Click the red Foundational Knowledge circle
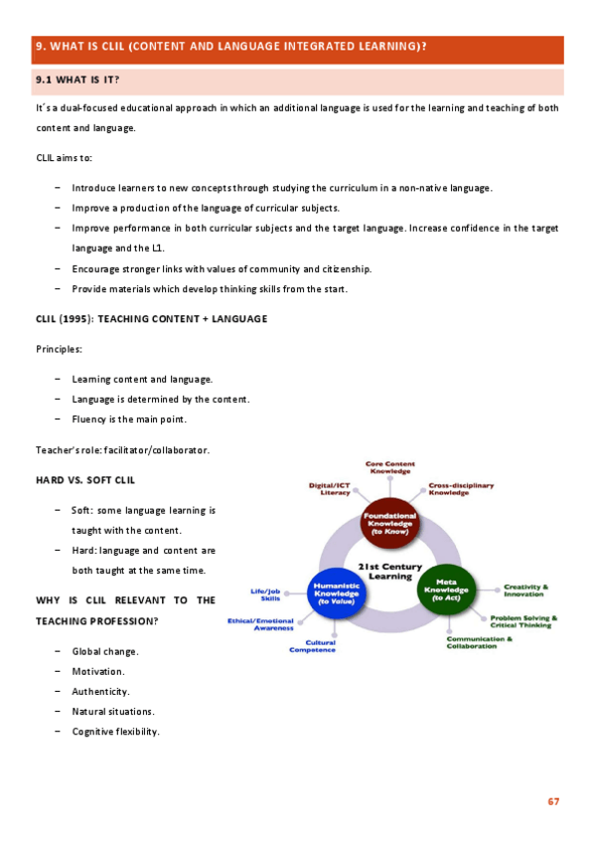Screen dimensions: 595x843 (390, 523)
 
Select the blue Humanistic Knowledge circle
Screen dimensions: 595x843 (337, 592)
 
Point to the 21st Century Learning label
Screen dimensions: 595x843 (390, 572)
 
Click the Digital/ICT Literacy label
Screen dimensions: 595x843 (329, 490)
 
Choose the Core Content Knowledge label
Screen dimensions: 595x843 (390, 466)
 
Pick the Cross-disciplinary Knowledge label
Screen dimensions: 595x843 (461, 490)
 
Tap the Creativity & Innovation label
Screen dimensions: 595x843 (525, 590)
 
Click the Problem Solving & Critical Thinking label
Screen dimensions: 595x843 (523, 621)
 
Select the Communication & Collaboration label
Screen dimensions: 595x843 (480, 642)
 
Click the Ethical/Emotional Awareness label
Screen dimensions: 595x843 (260, 624)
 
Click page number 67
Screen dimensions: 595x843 (553, 800)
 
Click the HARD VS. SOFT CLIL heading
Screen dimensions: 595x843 (85, 480)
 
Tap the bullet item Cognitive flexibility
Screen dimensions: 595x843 (115, 732)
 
